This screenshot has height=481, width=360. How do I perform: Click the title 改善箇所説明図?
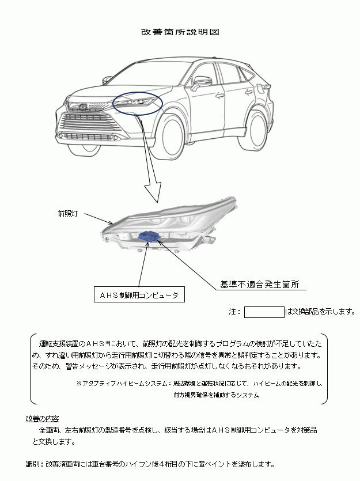point(180,32)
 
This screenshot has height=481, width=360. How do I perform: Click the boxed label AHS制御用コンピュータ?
point(139,295)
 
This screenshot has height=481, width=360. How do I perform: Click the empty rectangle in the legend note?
point(264,312)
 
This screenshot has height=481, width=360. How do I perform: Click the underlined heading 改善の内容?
point(42,418)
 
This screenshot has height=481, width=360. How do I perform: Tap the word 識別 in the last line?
point(33,464)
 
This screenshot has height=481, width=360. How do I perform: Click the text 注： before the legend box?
point(234,312)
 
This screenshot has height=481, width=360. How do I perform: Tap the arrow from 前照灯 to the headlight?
point(100,217)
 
